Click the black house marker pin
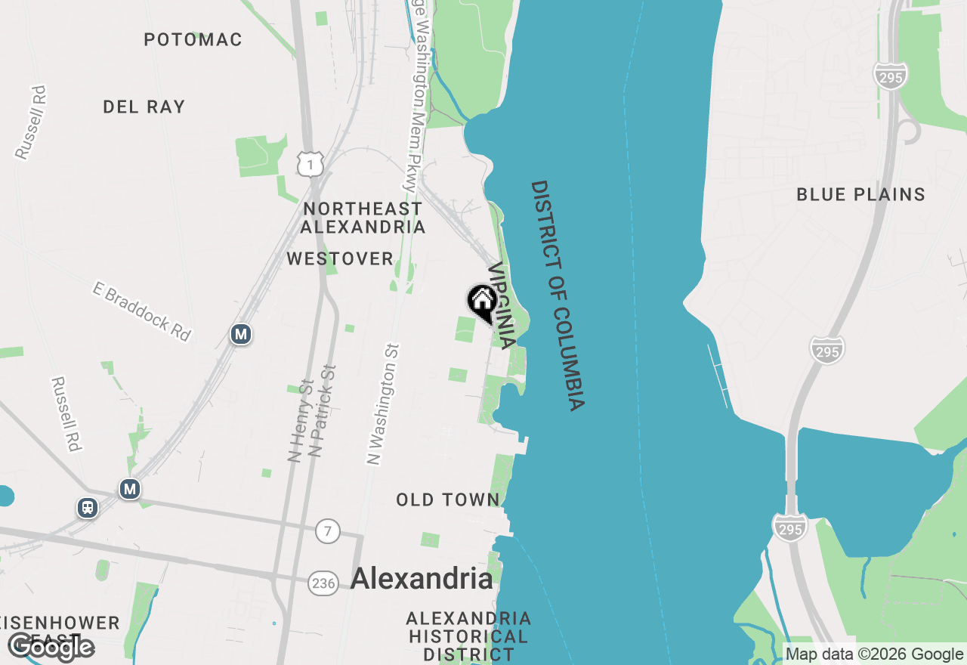coord(482,302)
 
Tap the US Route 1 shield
coord(310,163)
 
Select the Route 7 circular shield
coord(327,531)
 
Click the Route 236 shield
coord(323,583)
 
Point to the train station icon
coord(88,508)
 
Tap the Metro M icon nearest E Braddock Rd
coord(241,333)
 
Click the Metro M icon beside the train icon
coord(130,490)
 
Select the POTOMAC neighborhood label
coord(193,39)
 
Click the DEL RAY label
coord(144,107)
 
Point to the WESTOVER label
coord(340,259)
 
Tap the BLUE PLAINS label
coord(860,194)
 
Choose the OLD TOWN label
coord(448,500)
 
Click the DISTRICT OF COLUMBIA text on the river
coord(558,295)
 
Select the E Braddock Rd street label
coord(141,311)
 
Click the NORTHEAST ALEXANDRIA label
coord(363,217)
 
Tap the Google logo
coord(51,648)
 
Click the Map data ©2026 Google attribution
coord(875,654)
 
